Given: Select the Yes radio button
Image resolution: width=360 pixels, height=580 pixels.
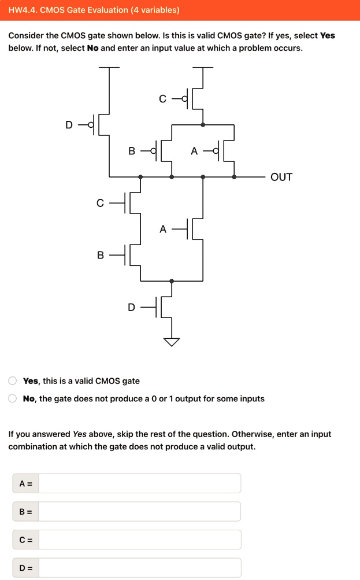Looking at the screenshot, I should [12, 380].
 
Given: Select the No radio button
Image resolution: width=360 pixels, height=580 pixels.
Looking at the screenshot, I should [12, 398].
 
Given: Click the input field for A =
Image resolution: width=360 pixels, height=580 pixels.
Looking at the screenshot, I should [139, 483].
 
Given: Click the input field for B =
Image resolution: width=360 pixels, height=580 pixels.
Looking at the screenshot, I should [139, 511].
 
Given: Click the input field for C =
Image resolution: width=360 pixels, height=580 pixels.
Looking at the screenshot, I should [139, 540].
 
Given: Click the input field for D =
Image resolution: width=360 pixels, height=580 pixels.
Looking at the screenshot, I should [139, 567].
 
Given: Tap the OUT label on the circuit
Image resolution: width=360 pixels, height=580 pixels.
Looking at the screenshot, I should [281, 177].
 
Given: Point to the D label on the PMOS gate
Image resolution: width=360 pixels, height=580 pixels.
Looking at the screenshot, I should [69, 124].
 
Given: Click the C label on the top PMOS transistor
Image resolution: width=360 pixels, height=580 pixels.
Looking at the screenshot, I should [163, 99].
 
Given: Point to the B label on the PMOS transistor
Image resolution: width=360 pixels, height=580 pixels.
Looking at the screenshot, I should [132, 152].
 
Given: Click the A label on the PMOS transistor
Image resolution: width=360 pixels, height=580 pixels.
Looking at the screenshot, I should [194, 152].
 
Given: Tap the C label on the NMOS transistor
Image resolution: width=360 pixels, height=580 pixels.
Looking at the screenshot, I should [101, 203].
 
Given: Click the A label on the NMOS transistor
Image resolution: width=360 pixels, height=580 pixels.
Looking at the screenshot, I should [163, 229].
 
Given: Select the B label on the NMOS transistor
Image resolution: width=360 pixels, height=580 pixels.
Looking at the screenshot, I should [101, 254].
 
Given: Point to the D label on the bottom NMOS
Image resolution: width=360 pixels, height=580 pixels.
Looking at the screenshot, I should [132, 307].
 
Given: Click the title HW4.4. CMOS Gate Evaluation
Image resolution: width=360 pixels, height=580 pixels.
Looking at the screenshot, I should [94, 10].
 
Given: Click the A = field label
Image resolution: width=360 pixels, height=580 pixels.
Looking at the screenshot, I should [25, 483].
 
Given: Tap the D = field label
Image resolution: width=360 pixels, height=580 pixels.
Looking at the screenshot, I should [25, 567].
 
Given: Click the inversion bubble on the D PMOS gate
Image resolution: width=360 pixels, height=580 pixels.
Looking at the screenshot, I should [90, 124].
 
